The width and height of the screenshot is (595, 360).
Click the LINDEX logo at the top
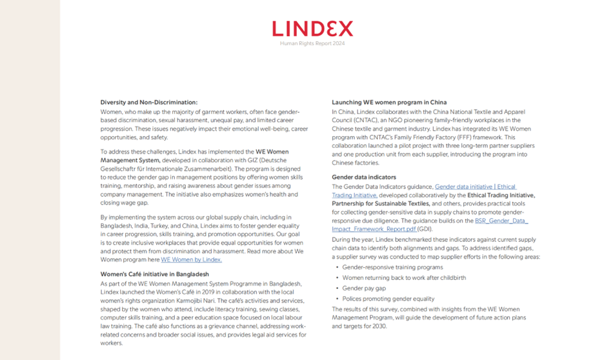point(312,28)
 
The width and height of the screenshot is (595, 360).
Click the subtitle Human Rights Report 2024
point(312,43)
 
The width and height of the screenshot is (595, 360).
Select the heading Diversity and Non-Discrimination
point(149,103)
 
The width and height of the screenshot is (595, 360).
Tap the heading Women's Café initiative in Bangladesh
point(154,274)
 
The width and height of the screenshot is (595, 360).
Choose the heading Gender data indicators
point(364,177)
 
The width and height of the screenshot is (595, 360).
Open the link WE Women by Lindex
point(191,260)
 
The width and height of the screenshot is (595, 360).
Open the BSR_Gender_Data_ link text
point(501,221)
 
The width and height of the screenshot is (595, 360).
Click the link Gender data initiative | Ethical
point(476,186)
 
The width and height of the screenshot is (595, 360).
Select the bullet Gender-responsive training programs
point(392,267)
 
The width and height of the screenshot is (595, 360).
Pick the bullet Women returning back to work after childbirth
point(404,278)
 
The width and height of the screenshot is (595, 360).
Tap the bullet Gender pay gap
point(364,288)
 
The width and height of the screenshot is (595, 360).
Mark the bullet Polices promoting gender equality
point(388,299)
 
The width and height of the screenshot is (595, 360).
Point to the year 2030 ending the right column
point(378,326)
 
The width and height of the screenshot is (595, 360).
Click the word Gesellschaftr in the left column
point(122,168)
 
